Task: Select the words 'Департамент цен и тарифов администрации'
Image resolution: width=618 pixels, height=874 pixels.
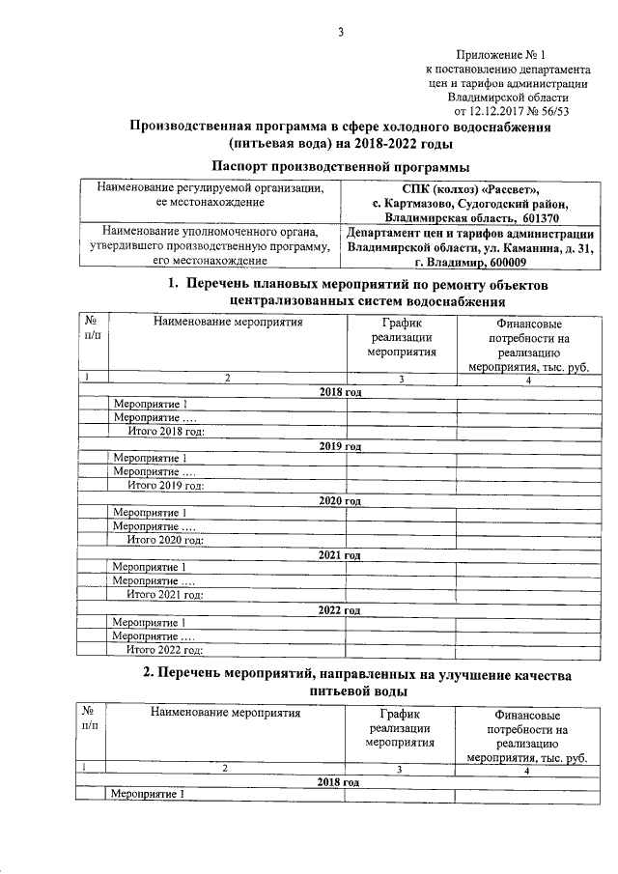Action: click(x=469, y=233)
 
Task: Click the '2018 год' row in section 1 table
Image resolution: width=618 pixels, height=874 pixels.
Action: click(x=339, y=392)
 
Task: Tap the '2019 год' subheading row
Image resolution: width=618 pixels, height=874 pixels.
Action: click(x=339, y=446)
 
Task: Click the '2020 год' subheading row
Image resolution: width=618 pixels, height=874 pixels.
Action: click(x=339, y=500)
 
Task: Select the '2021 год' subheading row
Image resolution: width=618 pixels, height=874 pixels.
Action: click(x=339, y=554)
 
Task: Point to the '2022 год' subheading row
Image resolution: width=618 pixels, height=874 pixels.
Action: click(x=339, y=609)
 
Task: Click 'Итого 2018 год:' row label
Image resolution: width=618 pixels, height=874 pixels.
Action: click(x=166, y=431)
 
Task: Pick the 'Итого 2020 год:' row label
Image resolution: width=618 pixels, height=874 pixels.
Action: click(x=166, y=540)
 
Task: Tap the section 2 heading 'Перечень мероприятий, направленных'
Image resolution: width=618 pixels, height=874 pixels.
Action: click(x=356, y=673)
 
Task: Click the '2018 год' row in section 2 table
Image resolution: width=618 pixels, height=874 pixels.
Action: click(x=339, y=780)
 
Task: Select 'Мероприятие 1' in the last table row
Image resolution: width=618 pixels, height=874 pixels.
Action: click(x=147, y=794)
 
